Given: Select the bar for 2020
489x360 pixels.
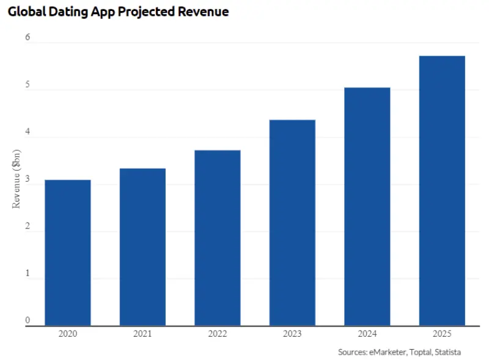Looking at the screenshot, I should tap(68, 252).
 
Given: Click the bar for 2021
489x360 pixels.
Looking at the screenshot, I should tap(142, 247).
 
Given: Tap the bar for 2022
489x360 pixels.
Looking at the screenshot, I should tap(218, 238).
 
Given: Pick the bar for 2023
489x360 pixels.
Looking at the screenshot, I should tap(292, 222).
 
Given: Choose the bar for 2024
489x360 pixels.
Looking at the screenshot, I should tap(367, 207).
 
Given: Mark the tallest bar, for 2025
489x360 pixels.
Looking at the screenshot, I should tap(442, 191).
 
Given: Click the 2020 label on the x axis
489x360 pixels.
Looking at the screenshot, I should tap(68, 334).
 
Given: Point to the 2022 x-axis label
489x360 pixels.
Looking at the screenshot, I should tap(218, 334).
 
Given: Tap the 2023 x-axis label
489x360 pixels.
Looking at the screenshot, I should tap(292, 334).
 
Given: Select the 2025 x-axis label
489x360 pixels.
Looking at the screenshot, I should tap(442, 334).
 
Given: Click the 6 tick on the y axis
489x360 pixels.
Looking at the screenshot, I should tap(28, 37).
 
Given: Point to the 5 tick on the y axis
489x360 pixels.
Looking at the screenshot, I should tap(28, 85).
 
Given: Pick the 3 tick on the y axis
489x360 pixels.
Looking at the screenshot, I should tap(28, 179).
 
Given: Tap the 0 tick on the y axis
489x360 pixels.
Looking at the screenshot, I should tap(28, 320).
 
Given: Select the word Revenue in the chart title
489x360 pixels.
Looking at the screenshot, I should tap(199, 12).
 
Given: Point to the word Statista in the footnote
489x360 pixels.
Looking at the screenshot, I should tap(447, 352).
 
